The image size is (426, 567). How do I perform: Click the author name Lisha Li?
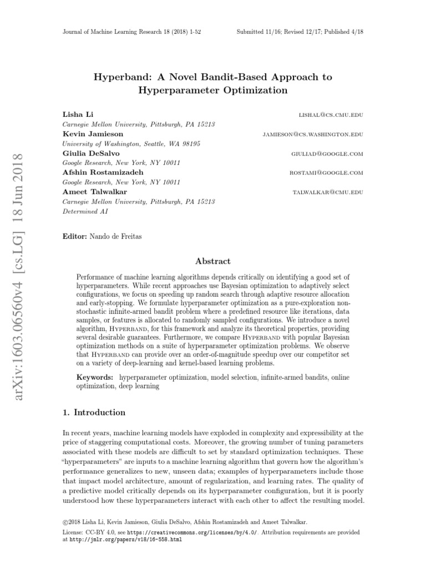(74, 115)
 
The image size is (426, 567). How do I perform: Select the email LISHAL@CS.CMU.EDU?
(331, 115)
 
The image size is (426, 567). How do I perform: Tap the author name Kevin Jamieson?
(85, 134)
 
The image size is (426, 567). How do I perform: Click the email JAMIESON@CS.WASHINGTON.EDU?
(313, 135)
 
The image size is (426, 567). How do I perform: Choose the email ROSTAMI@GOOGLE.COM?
(326, 173)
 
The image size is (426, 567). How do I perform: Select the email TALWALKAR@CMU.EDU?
(328, 192)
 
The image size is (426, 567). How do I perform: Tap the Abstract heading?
(213, 261)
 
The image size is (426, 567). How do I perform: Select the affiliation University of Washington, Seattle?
(131, 143)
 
